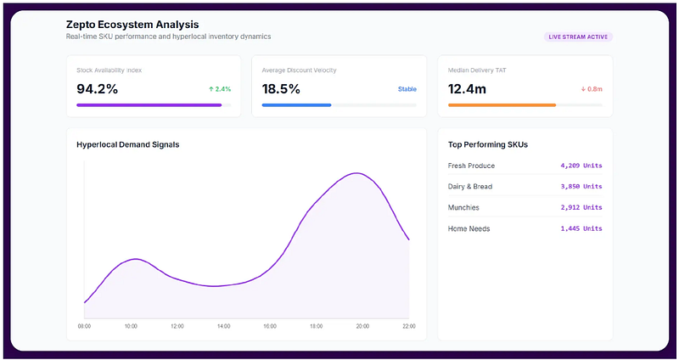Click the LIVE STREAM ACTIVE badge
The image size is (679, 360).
578,37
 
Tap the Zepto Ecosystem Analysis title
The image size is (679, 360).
132,25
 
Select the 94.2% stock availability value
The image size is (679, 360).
97,89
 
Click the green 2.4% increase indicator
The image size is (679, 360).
220,89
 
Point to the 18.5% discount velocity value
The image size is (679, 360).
281,89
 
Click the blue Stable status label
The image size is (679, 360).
407,89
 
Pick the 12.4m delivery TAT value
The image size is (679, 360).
467,89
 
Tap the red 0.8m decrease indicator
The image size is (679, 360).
592,89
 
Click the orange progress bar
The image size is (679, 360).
502,105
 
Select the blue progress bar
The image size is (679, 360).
296,105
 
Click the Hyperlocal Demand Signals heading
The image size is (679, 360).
128,144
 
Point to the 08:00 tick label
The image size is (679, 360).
84,326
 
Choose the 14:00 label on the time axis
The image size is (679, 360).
223,326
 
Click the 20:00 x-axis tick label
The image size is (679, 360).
362,326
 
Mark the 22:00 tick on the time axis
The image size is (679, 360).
409,326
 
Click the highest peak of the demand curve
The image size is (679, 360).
356,173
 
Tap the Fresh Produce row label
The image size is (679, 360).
471,166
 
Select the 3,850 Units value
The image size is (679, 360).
581,186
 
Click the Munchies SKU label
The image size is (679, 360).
463,207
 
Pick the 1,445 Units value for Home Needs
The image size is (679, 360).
581,228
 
